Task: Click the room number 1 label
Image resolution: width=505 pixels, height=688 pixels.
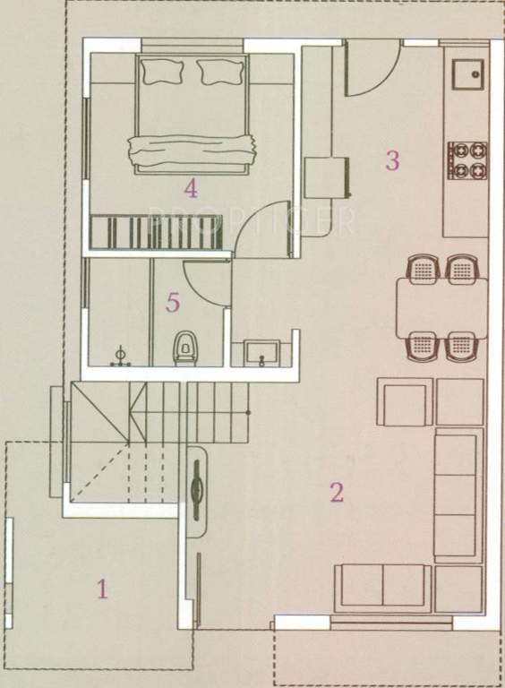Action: tap(102, 589)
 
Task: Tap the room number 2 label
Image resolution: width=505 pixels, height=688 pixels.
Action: tap(337, 492)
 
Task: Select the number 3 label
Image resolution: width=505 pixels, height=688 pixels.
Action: tap(391, 161)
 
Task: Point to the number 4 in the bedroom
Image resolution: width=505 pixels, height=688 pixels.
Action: tap(190, 188)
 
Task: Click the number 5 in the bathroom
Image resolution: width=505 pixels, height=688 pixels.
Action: tap(173, 303)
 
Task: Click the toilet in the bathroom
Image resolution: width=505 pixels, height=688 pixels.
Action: tap(185, 346)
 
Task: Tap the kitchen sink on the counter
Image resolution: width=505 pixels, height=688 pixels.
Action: tap(466, 71)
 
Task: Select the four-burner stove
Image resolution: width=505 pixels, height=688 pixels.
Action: tap(466, 159)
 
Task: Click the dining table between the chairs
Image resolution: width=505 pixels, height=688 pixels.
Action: tap(442, 307)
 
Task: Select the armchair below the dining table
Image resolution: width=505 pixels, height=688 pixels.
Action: tap(406, 402)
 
